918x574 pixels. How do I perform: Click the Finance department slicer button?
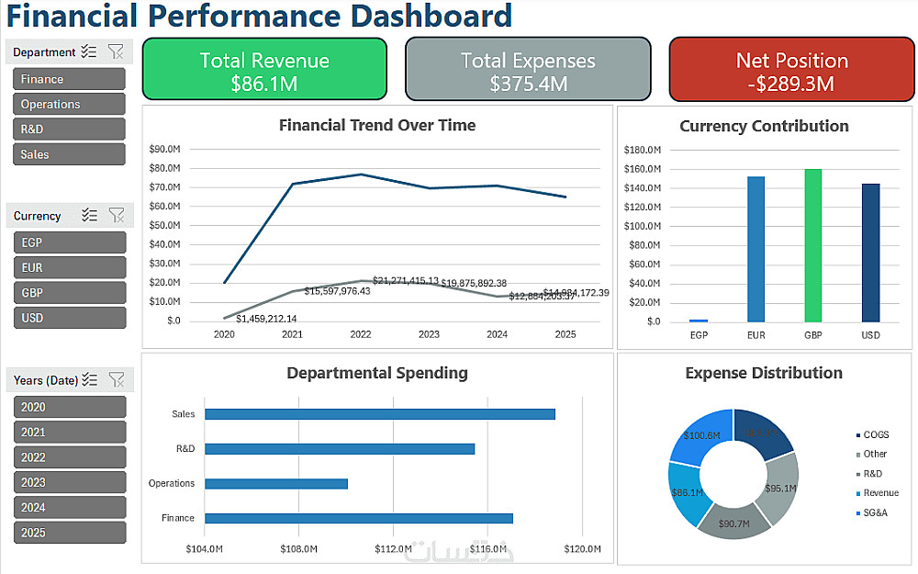(69, 79)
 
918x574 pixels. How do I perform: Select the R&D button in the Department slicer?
(69, 129)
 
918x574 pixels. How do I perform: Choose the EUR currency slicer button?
(69, 267)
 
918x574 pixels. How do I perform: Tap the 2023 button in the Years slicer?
(69, 482)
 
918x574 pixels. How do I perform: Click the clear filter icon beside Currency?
(117, 215)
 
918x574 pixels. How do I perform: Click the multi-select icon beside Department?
(89, 51)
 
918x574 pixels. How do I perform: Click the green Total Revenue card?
(264, 70)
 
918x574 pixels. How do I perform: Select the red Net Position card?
(791, 70)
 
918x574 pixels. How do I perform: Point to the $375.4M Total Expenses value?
(528, 84)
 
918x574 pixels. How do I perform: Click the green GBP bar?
(812, 245)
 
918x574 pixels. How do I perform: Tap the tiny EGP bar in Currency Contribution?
(699, 321)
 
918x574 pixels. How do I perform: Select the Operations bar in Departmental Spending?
(276, 483)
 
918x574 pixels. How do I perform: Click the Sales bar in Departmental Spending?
(380, 414)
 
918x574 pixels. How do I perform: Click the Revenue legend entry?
(880, 493)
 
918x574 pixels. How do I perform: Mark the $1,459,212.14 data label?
(266, 319)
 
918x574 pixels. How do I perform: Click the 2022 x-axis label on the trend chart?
(360, 335)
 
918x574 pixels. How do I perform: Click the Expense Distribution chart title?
(764, 373)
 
